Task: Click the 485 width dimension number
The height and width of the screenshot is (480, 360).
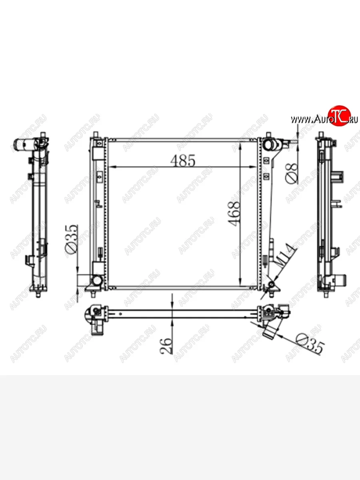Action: pos(182,160)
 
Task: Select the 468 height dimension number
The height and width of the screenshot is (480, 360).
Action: pos(234,214)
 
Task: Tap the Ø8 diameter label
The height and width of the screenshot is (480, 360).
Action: pos(292,174)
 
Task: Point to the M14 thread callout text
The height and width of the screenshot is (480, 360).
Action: pos(285,256)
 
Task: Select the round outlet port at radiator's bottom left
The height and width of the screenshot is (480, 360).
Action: pos(96,280)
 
